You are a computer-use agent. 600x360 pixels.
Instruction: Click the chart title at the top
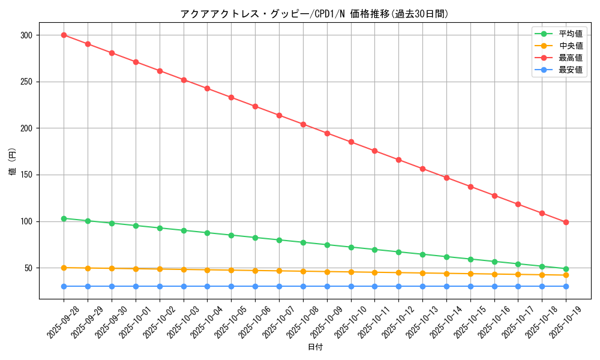(x=314, y=14)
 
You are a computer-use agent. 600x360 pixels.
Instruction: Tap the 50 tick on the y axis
(x=28, y=268)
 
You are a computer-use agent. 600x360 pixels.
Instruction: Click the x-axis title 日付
(x=315, y=347)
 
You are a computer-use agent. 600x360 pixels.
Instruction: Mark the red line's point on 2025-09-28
(x=64, y=35)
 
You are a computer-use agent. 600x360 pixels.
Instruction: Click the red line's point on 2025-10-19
(x=566, y=222)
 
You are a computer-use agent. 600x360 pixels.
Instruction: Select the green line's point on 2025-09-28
(x=64, y=218)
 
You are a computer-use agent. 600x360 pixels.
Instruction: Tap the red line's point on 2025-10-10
(x=351, y=142)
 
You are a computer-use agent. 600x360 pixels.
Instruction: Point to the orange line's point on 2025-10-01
(x=136, y=269)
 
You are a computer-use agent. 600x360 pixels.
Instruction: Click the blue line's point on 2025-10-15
(x=470, y=286)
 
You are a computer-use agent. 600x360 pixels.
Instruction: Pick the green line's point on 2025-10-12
(x=398, y=252)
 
